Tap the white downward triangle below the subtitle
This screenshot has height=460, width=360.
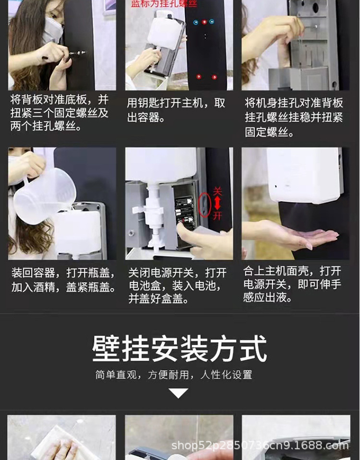[179, 393]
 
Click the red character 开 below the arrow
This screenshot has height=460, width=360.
[218, 215]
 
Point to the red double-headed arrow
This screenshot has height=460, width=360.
[218, 203]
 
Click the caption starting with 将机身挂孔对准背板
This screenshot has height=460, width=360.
[294, 117]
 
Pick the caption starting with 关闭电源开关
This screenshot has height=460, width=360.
[177, 286]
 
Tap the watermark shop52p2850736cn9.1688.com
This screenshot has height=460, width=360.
[260, 446]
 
